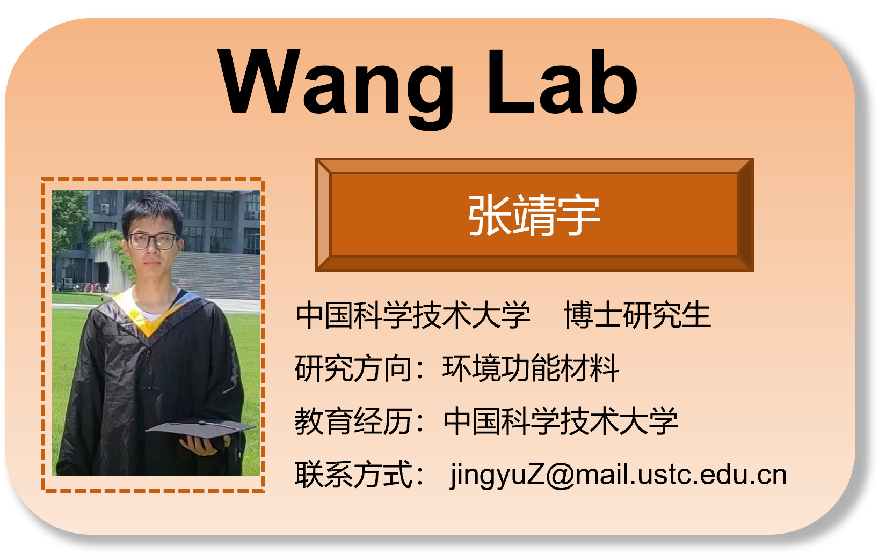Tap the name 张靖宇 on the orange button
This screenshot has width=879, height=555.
click(x=534, y=216)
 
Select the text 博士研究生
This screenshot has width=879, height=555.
click(x=637, y=315)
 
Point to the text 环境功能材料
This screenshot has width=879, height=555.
click(x=531, y=368)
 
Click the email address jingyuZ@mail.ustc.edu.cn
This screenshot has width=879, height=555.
click(x=618, y=475)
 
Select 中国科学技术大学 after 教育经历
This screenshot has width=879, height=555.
click(x=561, y=421)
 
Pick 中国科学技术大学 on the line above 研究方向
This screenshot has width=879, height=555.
click(x=412, y=315)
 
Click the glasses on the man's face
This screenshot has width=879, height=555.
click(x=152, y=241)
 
